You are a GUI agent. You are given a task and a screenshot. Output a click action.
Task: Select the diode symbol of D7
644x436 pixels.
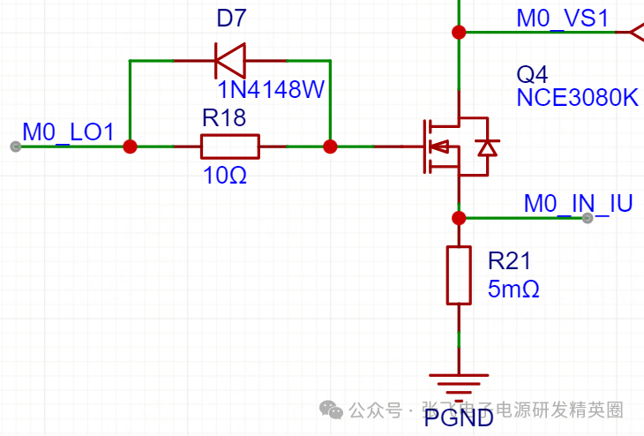pyautogui.click(x=229, y=61)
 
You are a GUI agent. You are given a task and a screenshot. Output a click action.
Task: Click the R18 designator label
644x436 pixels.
pyautogui.click(x=224, y=118)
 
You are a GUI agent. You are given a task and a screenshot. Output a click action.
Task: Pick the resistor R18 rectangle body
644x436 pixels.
pyautogui.click(x=229, y=147)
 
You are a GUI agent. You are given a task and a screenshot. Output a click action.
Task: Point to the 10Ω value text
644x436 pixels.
pyautogui.click(x=224, y=176)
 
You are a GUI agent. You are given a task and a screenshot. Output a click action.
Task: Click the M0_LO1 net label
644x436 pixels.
pyautogui.click(x=68, y=132)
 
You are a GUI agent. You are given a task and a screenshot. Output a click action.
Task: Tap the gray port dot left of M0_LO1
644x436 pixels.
pyautogui.click(x=15, y=147)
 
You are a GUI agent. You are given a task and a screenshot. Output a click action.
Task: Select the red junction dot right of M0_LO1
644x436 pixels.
pyautogui.click(x=130, y=147)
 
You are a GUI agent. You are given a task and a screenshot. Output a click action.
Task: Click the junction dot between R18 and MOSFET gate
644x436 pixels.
pyautogui.click(x=330, y=147)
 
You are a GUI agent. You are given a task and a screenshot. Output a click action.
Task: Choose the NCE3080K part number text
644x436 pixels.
pyautogui.click(x=577, y=97)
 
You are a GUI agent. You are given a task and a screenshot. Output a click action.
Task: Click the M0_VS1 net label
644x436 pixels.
pyautogui.click(x=562, y=19)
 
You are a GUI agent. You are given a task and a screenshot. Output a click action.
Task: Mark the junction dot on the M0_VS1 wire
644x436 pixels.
pyautogui.click(x=459, y=33)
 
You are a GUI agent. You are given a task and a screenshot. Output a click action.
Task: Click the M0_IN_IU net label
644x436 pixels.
pyautogui.click(x=578, y=204)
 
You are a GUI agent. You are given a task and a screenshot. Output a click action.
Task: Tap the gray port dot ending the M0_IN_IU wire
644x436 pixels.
pyautogui.click(x=588, y=218)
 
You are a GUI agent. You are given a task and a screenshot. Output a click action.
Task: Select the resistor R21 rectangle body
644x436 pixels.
pyautogui.click(x=459, y=275)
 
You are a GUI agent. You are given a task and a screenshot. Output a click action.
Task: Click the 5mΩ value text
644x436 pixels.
pyautogui.click(x=513, y=289)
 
